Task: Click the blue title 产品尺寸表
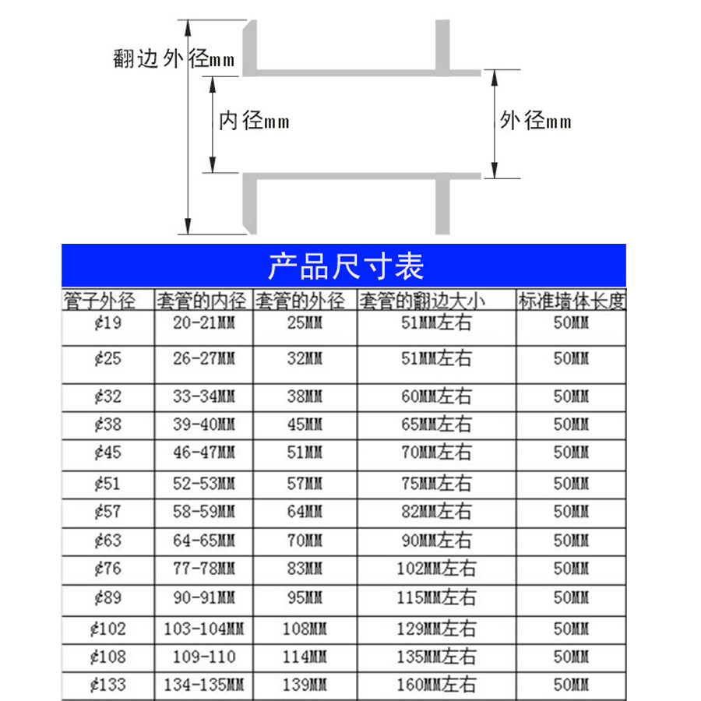(345, 266)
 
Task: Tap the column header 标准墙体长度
(572, 301)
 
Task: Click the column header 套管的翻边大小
(435, 301)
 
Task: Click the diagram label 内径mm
(254, 121)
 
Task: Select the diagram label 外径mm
(536, 121)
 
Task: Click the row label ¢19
(107, 322)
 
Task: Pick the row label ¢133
(107, 685)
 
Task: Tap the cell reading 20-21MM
(204, 322)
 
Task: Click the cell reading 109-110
(204, 657)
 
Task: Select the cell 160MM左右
(435, 685)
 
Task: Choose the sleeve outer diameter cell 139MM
(304, 685)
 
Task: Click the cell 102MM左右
(435, 569)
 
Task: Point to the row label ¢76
(107, 569)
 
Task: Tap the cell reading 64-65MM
(204, 540)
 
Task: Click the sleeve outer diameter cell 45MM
(304, 424)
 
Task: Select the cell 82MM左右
(435, 512)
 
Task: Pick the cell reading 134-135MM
(204, 685)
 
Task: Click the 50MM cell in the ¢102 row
(572, 628)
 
